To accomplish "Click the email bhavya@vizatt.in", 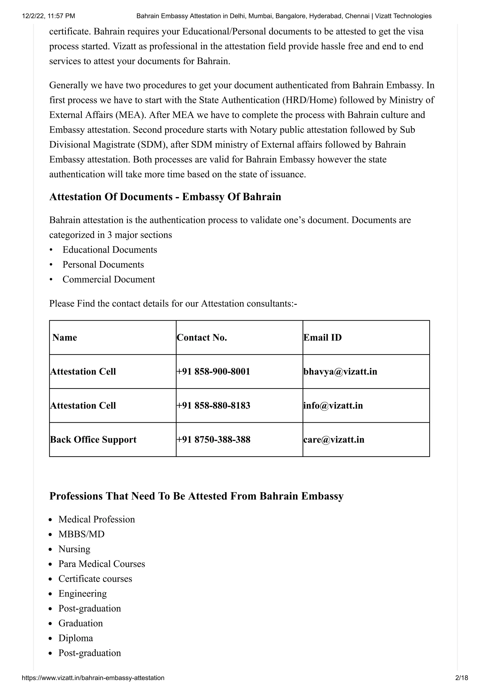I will point(340,371).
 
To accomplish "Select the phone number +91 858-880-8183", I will point(213,406).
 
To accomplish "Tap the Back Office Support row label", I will point(93,439).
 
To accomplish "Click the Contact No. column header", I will point(202,338).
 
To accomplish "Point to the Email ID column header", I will point(323,338).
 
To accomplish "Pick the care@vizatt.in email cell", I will point(334,439).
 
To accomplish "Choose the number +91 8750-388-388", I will point(213,439).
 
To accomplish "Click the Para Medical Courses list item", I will point(102,564).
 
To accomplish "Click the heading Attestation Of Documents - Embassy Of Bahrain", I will point(165,197).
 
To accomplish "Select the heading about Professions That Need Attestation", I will point(196,496).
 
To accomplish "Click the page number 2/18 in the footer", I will point(461,678).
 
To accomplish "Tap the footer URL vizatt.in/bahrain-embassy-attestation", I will point(93,678).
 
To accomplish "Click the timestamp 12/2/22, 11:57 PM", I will point(48,16).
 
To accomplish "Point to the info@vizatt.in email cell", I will point(333,406).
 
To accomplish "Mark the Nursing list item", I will point(74,549).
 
